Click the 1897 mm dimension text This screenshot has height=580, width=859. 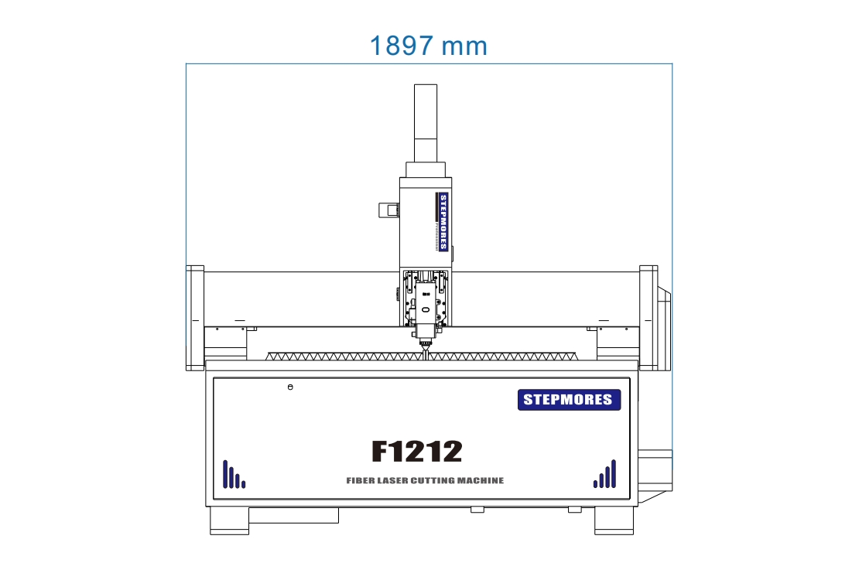(428, 46)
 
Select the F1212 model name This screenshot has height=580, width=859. (416, 451)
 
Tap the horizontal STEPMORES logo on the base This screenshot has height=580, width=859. (569, 400)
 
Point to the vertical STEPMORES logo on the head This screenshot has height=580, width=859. (443, 222)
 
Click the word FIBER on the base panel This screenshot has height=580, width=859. (361, 481)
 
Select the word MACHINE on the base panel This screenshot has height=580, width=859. (480, 481)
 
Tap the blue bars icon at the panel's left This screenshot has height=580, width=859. (233, 475)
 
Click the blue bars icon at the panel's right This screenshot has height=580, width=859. (605, 474)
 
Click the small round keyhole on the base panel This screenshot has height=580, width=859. (290, 387)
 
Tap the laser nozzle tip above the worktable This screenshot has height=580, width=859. (425, 351)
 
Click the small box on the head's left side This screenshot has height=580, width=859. (388, 211)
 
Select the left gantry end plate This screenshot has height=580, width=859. (194, 318)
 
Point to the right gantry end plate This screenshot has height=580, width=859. (648, 318)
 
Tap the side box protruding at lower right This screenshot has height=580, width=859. (655, 470)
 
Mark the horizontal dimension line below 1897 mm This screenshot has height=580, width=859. (429, 63)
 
